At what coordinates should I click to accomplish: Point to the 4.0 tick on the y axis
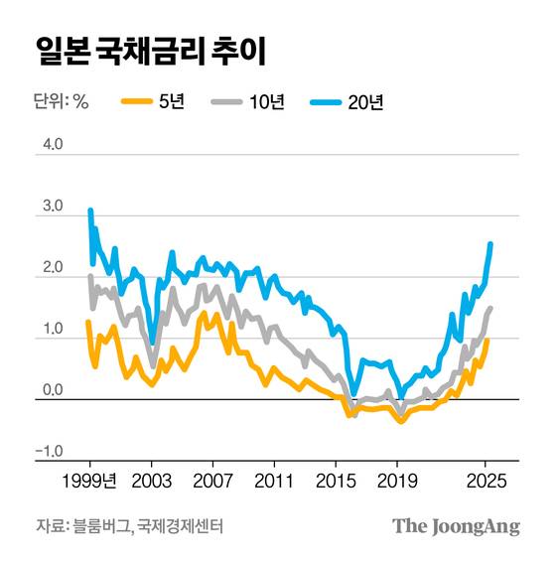coord(51,145)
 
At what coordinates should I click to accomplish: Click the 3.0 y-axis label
coord(51,207)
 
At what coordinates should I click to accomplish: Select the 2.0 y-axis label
coord(51,268)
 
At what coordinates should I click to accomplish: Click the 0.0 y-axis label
coord(51,390)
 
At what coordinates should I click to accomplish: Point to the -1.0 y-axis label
coord(49,452)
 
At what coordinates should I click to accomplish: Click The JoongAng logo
coord(456,526)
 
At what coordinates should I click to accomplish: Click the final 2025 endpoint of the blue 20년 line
coord(490,244)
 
